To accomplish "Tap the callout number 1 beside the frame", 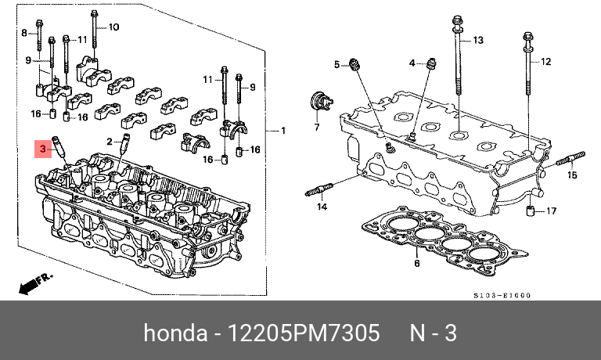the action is coord(283,130).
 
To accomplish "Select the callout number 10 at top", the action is coord(113,27).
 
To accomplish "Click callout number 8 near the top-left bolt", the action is coord(24,32).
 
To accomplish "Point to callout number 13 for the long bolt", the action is coord(478,39).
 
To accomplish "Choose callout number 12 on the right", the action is coord(546,61).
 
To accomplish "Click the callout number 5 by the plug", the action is coord(337,64).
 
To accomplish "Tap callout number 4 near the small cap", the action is coord(412,63).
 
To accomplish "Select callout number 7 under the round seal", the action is coord(318,126).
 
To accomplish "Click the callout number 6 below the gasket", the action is coord(416,264).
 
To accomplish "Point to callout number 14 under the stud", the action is coord(321,207).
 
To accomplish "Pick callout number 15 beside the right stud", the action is coord(571,175).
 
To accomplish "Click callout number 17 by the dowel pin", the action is coord(551,211).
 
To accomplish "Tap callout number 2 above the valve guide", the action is coord(110,141).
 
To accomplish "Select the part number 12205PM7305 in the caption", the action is coord(305,333).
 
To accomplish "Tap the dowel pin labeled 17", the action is coord(530,211).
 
